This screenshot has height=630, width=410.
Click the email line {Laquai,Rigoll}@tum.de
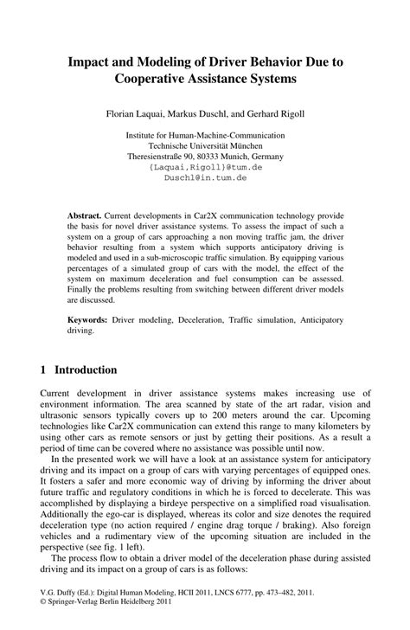coord(205,166)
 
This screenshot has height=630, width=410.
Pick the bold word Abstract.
coord(85,213)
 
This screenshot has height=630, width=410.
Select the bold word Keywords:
coord(91,319)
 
